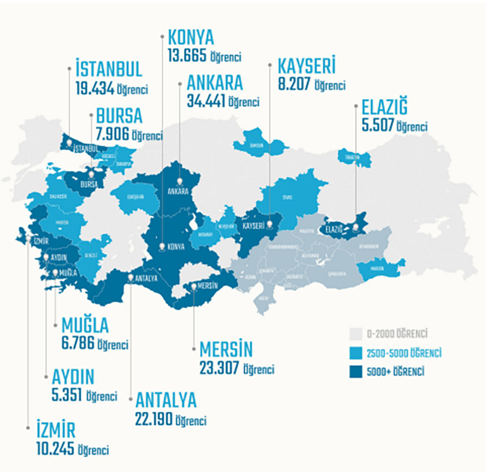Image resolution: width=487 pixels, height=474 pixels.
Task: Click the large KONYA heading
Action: tap(191, 37)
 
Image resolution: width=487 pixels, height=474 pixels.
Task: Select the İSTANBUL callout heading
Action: tap(109, 69)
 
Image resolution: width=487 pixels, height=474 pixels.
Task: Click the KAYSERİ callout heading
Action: tap(306, 66)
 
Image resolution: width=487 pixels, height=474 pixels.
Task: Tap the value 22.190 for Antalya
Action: tap(156, 419)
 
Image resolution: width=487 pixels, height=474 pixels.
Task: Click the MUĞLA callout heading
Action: tap(85, 325)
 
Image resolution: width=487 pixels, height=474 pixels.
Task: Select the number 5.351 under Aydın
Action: tap(67, 395)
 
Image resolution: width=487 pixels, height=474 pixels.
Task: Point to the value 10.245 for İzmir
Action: tap(52, 449)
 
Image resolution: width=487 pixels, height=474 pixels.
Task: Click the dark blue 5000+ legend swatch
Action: tap(356, 372)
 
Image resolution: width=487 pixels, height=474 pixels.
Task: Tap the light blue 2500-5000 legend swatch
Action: tap(356, 353)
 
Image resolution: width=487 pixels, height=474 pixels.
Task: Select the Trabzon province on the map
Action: tap(353, 157)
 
